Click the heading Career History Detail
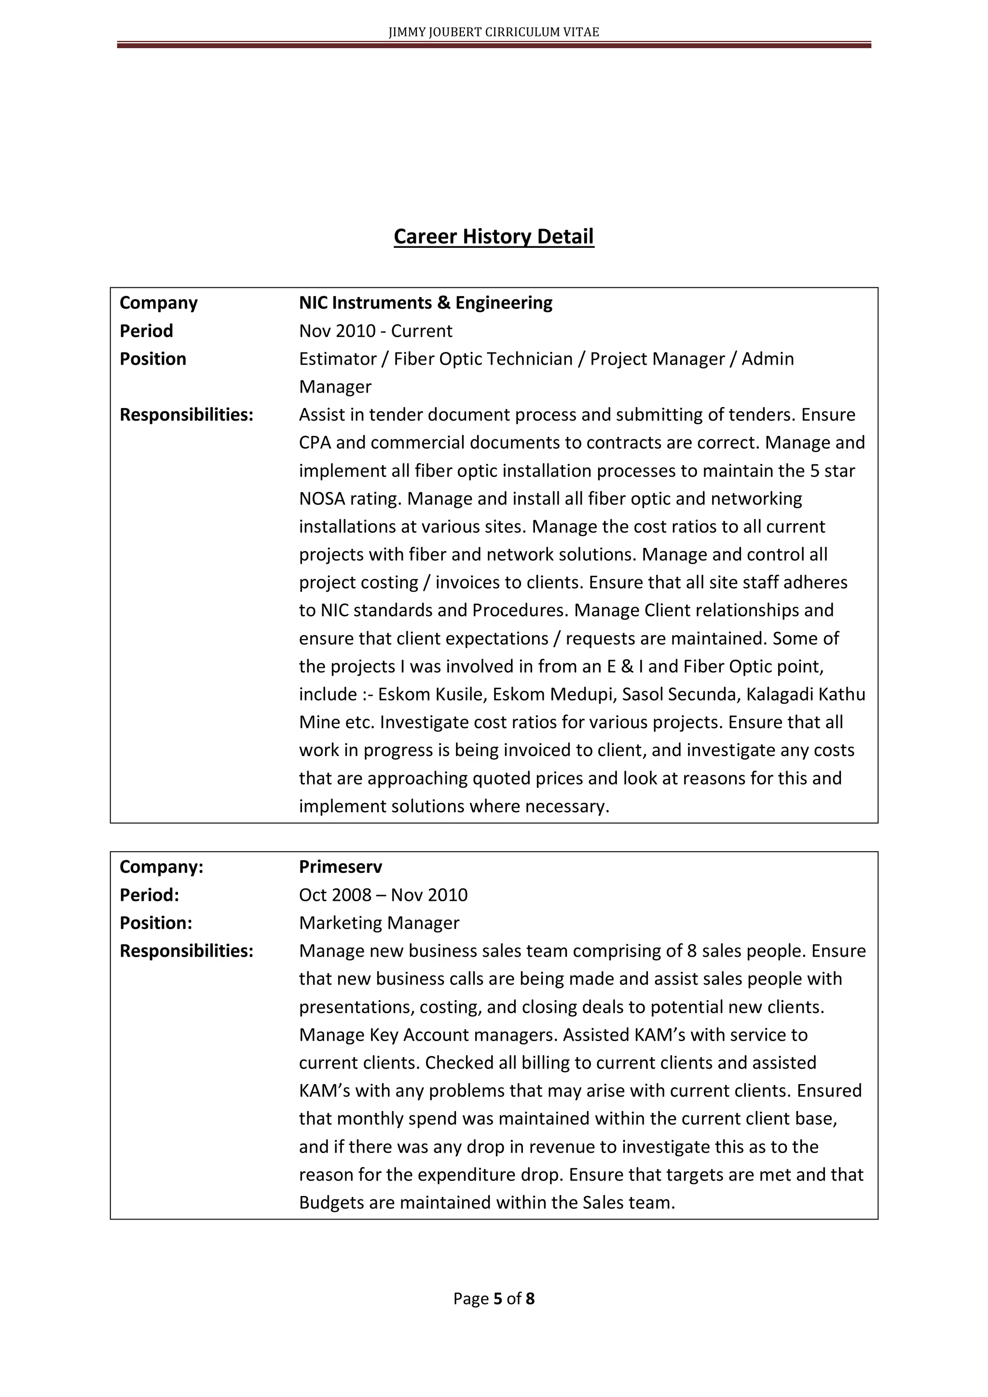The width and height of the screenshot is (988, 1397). click(x=493, y=236)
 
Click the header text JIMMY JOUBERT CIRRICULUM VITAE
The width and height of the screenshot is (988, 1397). click(x=493, y=32)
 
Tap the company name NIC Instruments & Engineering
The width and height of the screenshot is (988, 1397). click(x=425, y=302)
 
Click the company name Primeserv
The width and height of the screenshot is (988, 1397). click(x=340, y=867)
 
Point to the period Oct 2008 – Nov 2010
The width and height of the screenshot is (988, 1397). click(x=383, y=895)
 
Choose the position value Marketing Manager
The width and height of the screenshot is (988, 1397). click(x=379, y=922)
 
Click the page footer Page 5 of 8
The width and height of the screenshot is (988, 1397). click(x=493, y=1299)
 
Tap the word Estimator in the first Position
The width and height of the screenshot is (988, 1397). click(x=337, y=358)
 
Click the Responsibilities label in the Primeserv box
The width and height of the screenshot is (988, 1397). click(x=186, y=950)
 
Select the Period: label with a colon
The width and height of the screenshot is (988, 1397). click(x=149, y=895)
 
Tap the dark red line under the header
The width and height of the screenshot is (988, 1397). click(x=493, y=45)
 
